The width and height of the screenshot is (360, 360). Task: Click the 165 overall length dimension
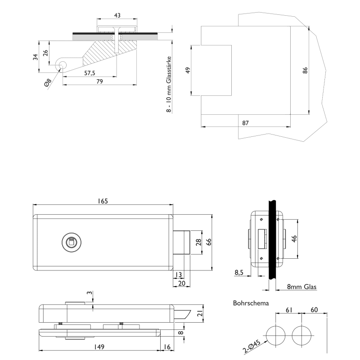coord(103,201)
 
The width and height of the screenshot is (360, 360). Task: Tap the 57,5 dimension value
coord(90,73)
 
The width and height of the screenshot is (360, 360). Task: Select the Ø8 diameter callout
coord(48,84)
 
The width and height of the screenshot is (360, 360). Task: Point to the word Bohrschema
coord(251,303)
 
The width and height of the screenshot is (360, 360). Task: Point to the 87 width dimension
coord(246,123)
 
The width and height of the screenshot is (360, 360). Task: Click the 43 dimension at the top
coord(117,15)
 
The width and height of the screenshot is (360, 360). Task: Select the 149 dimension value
coord(99,346)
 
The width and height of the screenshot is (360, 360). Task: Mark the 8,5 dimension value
coord(239,272)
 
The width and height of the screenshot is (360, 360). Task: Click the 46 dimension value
coord(294,239)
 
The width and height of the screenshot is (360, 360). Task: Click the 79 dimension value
coord(99,81)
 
